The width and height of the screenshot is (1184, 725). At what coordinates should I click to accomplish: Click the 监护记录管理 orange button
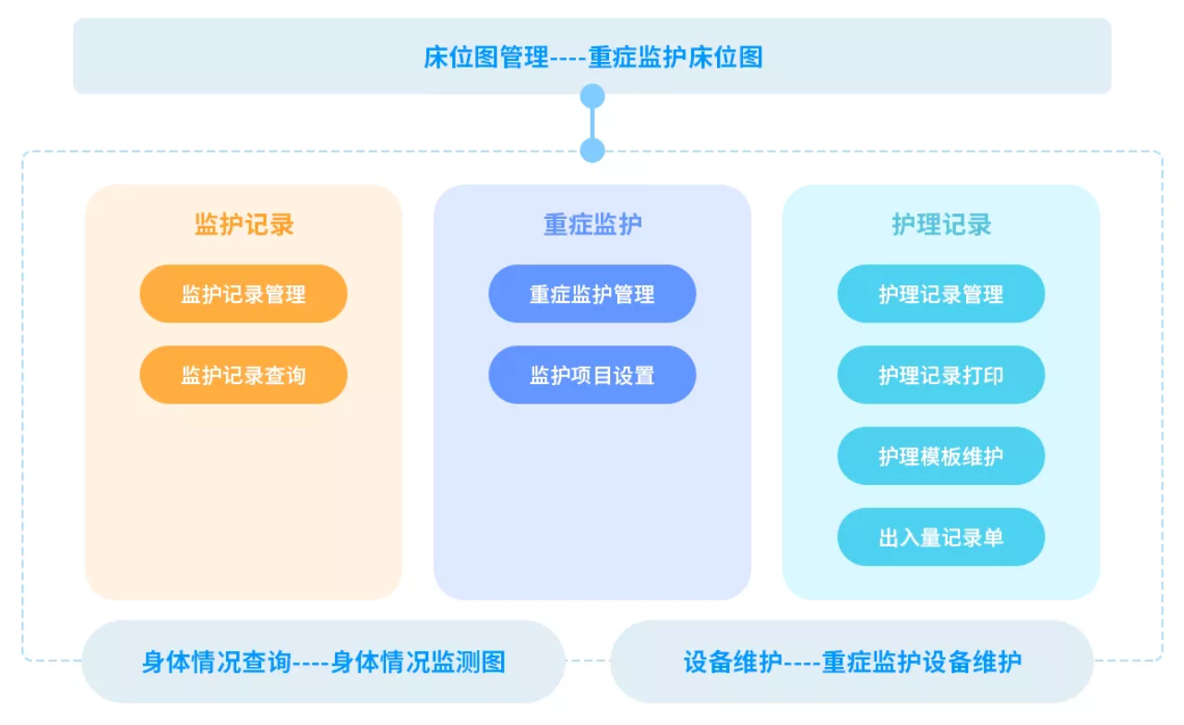(244, 294)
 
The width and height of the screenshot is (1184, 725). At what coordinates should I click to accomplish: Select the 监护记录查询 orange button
(244, 375)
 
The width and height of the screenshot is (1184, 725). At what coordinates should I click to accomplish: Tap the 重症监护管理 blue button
(592, 294)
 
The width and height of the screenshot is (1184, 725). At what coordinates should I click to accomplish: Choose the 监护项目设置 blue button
(592, 375)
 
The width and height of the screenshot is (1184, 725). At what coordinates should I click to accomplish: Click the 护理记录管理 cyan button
(941, 294)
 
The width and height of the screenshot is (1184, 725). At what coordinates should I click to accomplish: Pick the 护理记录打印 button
(941, 375)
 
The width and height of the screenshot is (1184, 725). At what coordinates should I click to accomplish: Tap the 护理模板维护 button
(941, 456)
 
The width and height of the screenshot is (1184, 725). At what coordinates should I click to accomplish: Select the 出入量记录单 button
(941, 538)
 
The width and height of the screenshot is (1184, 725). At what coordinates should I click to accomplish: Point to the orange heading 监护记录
(244, 224)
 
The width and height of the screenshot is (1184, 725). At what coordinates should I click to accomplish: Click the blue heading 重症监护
(592, 224)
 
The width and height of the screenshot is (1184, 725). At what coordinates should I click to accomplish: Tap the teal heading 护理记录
(941, 224)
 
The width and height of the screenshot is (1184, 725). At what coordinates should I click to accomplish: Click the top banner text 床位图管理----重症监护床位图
(593, 57)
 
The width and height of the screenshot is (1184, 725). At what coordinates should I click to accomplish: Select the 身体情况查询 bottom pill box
(324, 661)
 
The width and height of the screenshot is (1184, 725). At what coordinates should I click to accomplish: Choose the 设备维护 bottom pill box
(852, 661)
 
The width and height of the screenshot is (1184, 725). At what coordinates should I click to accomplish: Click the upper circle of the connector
(592, 96)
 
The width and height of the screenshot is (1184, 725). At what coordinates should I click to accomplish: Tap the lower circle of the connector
(592, 151)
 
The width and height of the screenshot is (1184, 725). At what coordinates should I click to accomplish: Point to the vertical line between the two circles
(592, 123)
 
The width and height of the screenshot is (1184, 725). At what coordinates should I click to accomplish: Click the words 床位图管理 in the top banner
(485, 57)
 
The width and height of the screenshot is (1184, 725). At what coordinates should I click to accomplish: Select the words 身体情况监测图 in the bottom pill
(418, 662)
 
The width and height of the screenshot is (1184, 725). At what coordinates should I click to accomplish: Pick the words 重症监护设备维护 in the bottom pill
(922, 662)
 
